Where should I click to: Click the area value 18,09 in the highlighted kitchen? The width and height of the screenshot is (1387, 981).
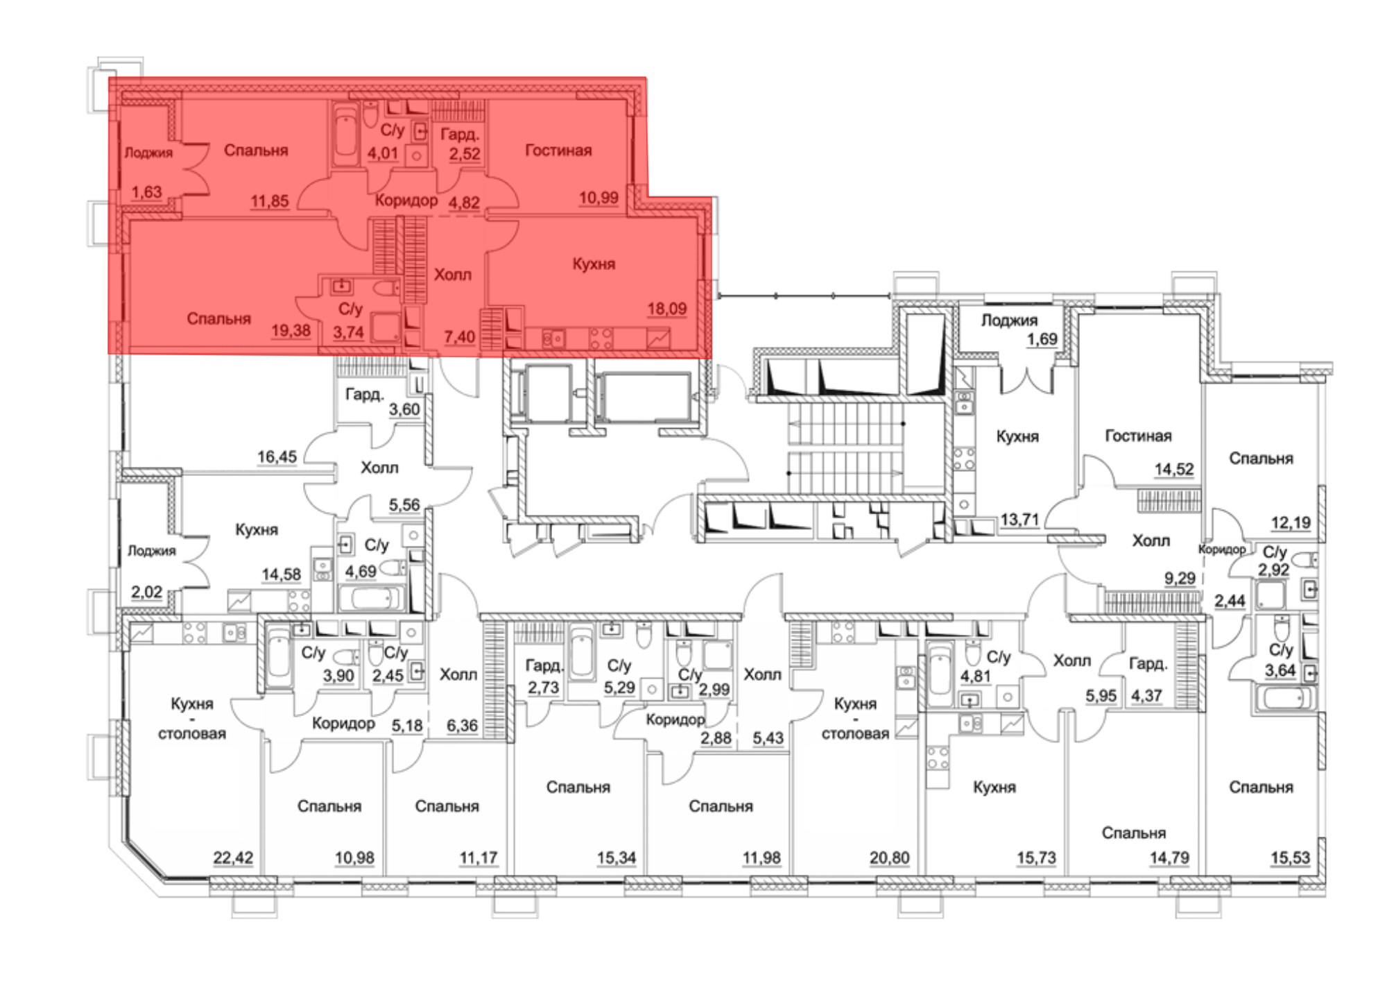(x=667, y=309)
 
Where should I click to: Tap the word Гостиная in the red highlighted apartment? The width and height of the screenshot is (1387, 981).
(x=558, y=151)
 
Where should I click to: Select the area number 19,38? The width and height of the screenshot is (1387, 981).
(x=291, y=330)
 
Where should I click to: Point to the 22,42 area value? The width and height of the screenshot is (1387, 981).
(x=233, y=858)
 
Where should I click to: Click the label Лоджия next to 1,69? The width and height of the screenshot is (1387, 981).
(x=1009, y=321)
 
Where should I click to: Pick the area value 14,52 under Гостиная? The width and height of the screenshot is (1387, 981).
(x=1174, y=470)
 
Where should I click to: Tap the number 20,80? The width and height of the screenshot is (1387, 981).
(x=889, y=858)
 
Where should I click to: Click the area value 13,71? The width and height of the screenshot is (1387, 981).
(x=1019, y=520)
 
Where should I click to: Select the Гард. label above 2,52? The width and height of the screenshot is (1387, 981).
(x=460, y=135)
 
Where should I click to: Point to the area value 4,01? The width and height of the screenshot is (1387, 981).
(x=383, y=153)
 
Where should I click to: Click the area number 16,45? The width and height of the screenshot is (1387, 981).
(x=277, y=457)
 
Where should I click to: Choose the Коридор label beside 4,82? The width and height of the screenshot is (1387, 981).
(x=406, y=201)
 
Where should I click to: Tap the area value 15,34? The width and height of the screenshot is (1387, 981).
(x=617, y=858)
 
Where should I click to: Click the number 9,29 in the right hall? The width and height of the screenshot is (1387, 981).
(x=1180, y=578)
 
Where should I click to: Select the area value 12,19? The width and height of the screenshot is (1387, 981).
(x=1291, y=523)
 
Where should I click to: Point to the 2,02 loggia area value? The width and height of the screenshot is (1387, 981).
(x=147, y=592)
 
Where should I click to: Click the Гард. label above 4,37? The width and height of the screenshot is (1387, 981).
(x=1148, y=664)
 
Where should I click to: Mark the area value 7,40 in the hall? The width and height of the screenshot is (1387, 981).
(x=460, y=337)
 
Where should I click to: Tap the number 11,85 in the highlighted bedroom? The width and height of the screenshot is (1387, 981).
(x=270, y=202)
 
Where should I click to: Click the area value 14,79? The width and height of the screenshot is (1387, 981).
(x=1169, y=858)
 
